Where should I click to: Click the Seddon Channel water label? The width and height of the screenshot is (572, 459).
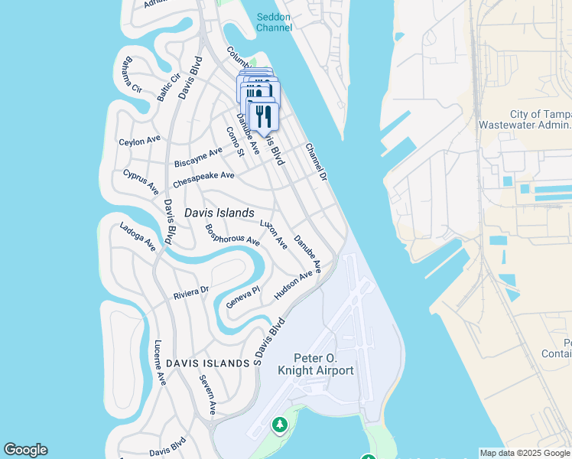tap(274, 21)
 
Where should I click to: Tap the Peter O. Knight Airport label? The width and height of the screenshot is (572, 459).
tap(324, 364)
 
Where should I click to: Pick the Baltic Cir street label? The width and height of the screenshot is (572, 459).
tap(168, 88)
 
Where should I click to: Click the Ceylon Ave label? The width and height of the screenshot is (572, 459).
tap(140, 141)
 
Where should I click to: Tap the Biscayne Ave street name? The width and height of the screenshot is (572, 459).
tap(198, 158)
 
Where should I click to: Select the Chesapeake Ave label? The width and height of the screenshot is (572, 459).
tap(203, 180)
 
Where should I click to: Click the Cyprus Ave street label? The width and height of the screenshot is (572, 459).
tap(141, 181)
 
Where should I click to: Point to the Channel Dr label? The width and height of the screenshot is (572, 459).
tap(316, 162)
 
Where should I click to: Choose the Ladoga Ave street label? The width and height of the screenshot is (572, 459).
tap(138, 236)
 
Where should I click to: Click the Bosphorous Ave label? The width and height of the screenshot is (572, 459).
tap(232, 234)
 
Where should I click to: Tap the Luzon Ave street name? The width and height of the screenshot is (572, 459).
tap(273, 234)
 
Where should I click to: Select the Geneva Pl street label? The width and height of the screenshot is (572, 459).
tap(243, 298)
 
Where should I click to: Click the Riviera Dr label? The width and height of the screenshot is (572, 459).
tap(191, 291)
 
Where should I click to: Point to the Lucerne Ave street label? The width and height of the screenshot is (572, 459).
tap(159, 362)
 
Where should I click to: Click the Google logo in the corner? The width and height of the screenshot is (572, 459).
tap(25, 450)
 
